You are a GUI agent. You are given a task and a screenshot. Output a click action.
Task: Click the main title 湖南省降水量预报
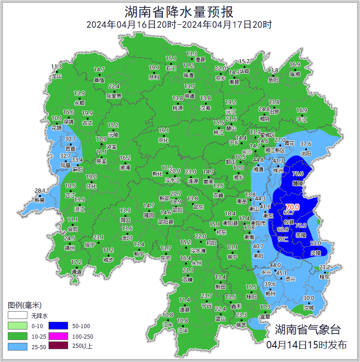pos(179,11)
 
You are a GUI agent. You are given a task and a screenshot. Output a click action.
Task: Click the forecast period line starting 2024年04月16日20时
pos(179,25)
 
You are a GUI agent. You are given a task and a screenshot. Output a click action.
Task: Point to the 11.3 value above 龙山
pos(56,67)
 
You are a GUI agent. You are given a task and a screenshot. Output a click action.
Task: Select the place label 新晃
pos(40,200)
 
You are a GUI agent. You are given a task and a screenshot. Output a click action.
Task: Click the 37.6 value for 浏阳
pos(306,144)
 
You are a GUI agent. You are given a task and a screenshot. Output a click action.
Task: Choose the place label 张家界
pos(114,96)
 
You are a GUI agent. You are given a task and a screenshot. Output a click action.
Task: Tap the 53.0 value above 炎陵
pos(316,243)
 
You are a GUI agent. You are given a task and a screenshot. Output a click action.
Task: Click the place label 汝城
pos(309,308)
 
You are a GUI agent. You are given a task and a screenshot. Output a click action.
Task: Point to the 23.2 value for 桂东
pos(325,267)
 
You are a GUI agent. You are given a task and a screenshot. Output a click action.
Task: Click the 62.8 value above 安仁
pos(283,229)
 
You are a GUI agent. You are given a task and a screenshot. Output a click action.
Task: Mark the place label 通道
pos(77,272)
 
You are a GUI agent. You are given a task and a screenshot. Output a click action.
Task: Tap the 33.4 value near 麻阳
pos(77,160)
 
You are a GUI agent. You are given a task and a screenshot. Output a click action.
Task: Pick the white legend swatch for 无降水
pos(16,316)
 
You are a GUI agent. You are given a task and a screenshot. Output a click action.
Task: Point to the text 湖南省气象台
pos(307,329)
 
